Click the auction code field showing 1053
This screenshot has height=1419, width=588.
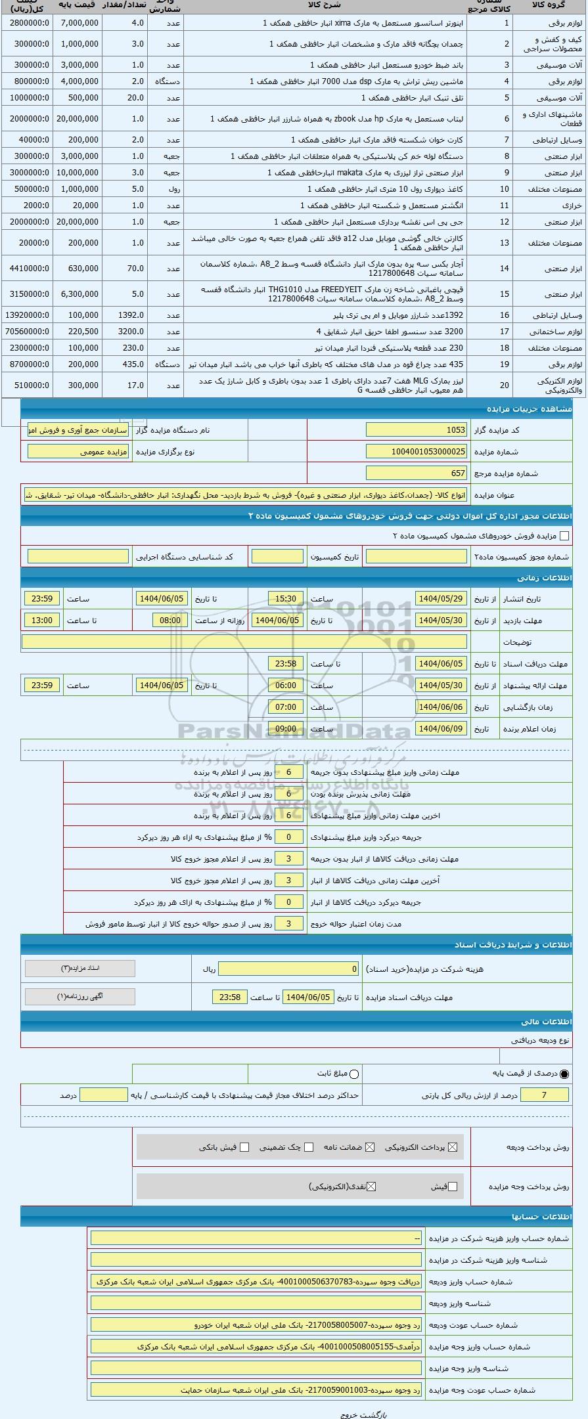[x=417, y=430]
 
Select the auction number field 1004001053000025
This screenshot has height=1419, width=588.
[x=417, y=452]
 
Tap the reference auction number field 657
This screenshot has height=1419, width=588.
[x=417, y=473]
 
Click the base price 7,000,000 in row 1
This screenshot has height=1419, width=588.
[x=79, y=23]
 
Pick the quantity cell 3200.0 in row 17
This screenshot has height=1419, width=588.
[x=125, y=332]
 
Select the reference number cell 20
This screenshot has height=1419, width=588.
[x=505, y=385]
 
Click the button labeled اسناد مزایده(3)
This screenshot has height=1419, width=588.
[x=80, y=969]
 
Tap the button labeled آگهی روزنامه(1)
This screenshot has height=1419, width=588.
[x=80, y=997]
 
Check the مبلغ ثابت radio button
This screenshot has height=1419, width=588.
[x=355, y=1074]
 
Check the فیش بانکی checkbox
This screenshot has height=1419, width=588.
[x=245, y=1147]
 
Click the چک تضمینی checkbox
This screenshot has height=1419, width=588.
[x=309, y=1147]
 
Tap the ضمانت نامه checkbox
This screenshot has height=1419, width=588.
[x=370, y=1147]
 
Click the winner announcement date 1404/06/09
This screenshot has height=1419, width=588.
[x=441, y=729]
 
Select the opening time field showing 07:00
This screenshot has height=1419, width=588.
[x=286, y=707]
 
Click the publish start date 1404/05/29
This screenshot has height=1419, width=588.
[x=441, y=599]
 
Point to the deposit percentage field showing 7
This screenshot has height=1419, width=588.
[x=544, y=1095]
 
